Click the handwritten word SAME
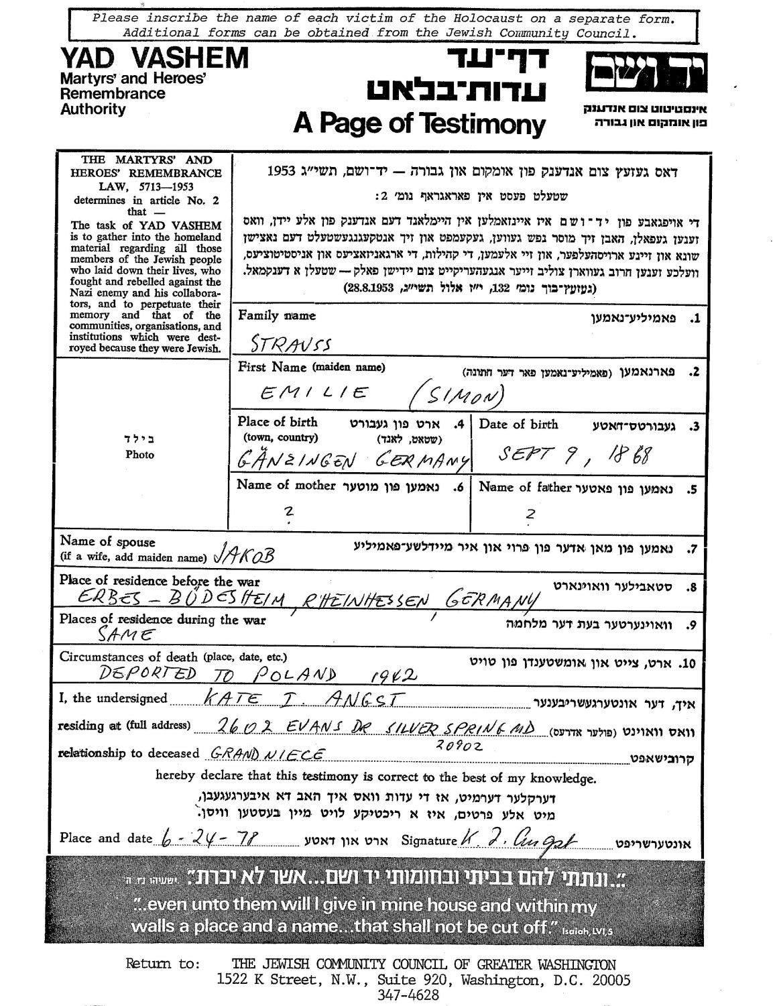[127, 634]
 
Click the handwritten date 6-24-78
[207, 840]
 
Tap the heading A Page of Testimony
[419, 123]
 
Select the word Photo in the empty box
[139, 454]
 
